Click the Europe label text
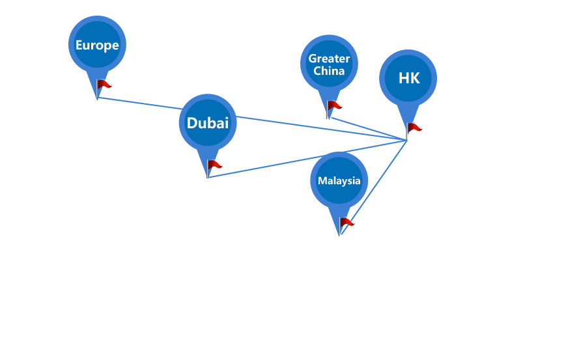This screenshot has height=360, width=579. click(97, 45)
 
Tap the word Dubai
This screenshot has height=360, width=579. click(208, 123)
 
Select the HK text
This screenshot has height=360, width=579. click(409, 78)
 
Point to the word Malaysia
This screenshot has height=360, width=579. click(339, 180)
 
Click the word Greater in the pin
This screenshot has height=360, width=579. click(329, 59)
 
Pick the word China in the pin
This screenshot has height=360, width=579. click(329, 70)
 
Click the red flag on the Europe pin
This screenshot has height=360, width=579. click(104, 85)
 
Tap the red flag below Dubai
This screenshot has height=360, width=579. click(214, 165)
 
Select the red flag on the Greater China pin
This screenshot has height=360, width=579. click(335, 106)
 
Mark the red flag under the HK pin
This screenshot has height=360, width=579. click(414, 128)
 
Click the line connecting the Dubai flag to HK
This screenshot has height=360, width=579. click(307, 159)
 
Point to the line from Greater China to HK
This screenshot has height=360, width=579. click(369, 130)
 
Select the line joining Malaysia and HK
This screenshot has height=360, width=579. click(374, 187)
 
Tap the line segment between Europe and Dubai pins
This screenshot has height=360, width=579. click(140, 104)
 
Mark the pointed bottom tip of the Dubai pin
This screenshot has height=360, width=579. click(208, 178)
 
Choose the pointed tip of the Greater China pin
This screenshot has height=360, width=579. click(329, 119)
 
